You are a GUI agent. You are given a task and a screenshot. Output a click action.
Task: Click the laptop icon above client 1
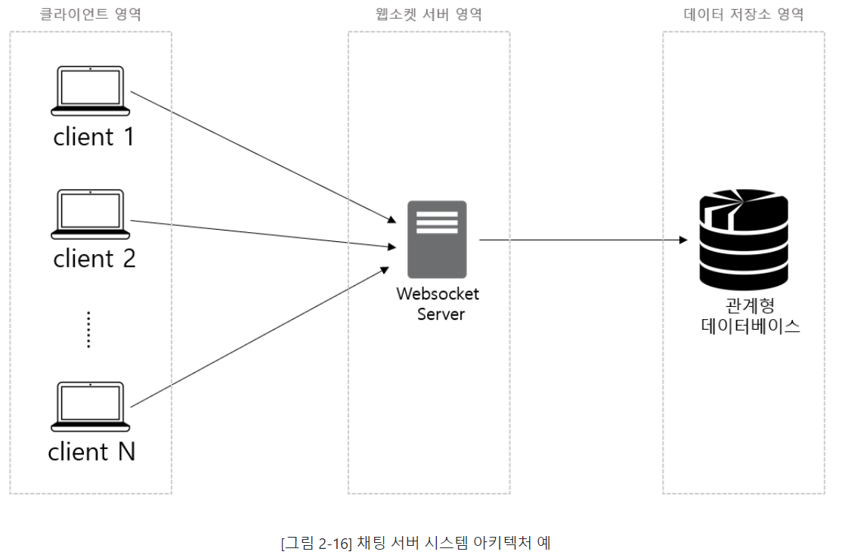click(x=90, y=91)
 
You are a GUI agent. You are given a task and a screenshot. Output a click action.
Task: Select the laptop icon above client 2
click(x=90, y=212)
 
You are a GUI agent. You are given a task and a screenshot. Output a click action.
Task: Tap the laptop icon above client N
click(x=90, y=405)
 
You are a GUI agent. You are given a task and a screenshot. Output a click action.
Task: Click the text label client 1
click(x=94, y=137)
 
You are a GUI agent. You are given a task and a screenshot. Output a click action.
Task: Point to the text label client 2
click(x=94, y=259)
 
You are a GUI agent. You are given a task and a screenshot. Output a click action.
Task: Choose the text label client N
click(x=91, y=451)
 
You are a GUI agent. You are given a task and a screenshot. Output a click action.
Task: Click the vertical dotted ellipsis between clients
click(x=88, y=330)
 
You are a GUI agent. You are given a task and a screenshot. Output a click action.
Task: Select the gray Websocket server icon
click(x=437, y=240)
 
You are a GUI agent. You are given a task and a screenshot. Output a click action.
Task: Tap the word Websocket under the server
click(x=438, y=294)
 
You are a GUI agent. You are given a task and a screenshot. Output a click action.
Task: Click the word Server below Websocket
click(x=441, y=314)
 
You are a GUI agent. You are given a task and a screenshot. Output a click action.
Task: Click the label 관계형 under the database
click(x=750, y=306)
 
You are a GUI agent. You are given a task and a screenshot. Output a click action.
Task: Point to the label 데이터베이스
click(x=750, y=327)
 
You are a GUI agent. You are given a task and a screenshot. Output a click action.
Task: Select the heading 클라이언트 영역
click(x=90, y=14)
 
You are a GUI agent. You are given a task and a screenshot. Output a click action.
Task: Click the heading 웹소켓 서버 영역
click(x=429, y=14)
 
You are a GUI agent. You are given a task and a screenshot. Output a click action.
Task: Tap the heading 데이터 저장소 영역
click(x=744, y=14)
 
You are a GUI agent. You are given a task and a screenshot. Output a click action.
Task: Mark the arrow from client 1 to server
click(x=263, y=157)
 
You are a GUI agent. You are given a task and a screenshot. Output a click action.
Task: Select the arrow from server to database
click(x=582, y=240)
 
